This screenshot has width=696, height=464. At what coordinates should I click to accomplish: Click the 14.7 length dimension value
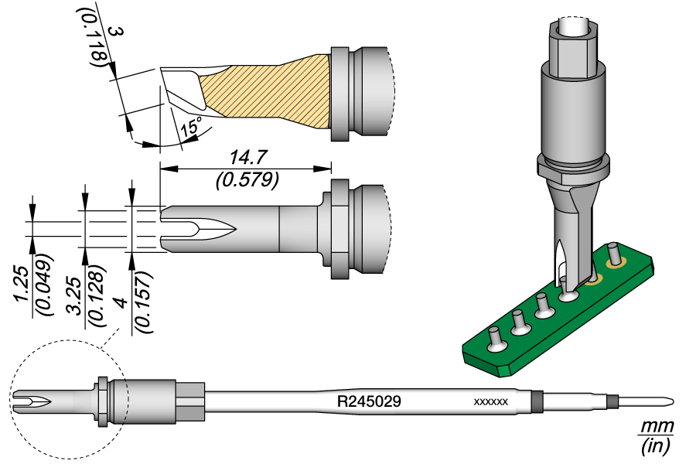click(245, 158)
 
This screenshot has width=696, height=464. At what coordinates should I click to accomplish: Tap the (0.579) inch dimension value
click(245, 179)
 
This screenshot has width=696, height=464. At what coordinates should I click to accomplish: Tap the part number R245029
click(368, 402)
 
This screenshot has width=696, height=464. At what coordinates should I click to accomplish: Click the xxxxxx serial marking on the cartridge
click(490, 403)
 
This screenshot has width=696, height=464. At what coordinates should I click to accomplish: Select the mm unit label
click(657, 428)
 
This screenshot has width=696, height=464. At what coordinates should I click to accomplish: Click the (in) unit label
click(657, 445)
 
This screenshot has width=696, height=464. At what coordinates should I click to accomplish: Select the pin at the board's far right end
click(614, 252)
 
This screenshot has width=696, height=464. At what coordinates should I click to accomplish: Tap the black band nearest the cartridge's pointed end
click(612, 401)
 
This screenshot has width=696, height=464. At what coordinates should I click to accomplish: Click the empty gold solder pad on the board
click(595, 279)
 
